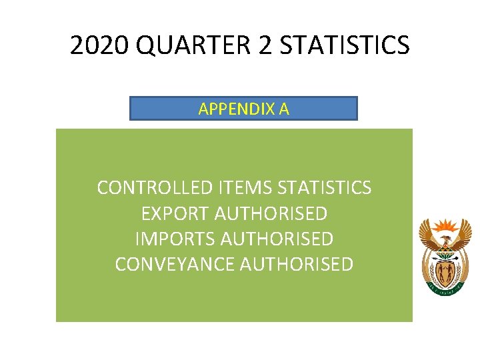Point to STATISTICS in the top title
tap(345, 45)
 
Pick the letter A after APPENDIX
tap(284, 109)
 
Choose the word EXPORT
tap(175, 213)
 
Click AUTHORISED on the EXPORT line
tap(271, 213)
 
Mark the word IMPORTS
tap(175, 239)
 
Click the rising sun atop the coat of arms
tap(445, 225)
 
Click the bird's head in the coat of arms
tap(445, 239)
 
